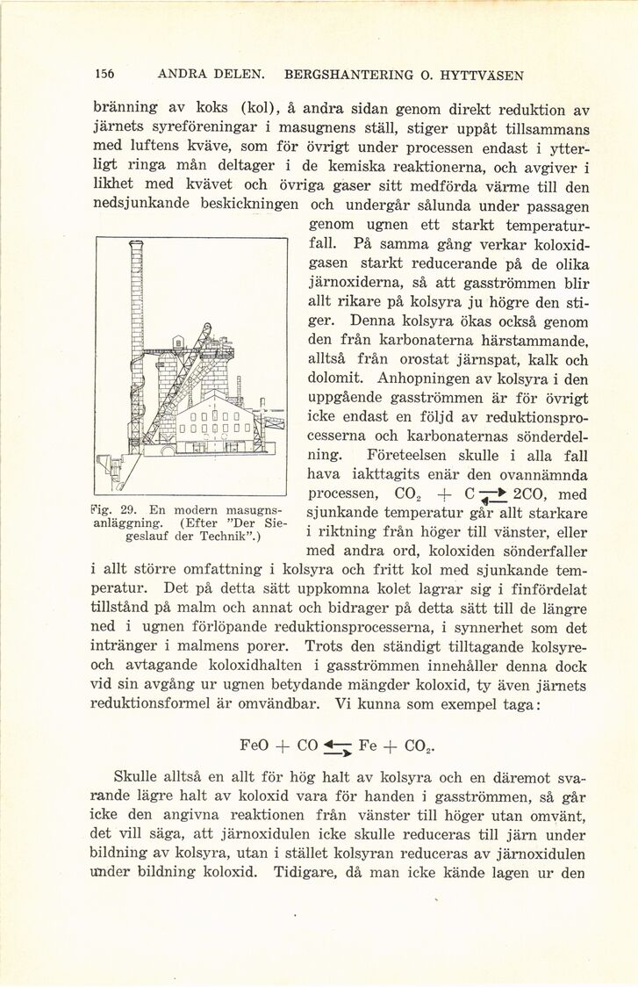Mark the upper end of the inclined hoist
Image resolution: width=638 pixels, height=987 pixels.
[207, 328]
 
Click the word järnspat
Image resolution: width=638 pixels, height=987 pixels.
[470, 359]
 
